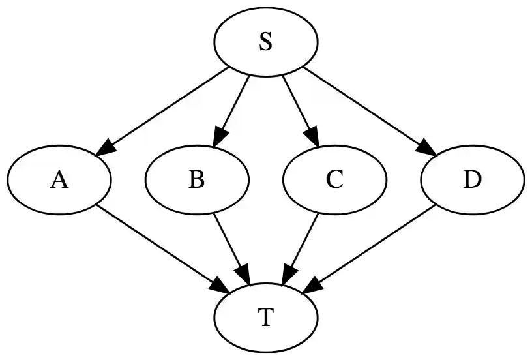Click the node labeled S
(x=265, y=42)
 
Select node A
(x=60, y=179)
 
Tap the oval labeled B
(x=197, y=179)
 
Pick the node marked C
(x=334, y=179)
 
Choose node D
(x=472, y=179)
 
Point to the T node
(x=265, y=318)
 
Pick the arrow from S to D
(x=365, y=108)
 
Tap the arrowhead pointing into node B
(x=220, y=138)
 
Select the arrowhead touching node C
(x=312, y=138)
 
